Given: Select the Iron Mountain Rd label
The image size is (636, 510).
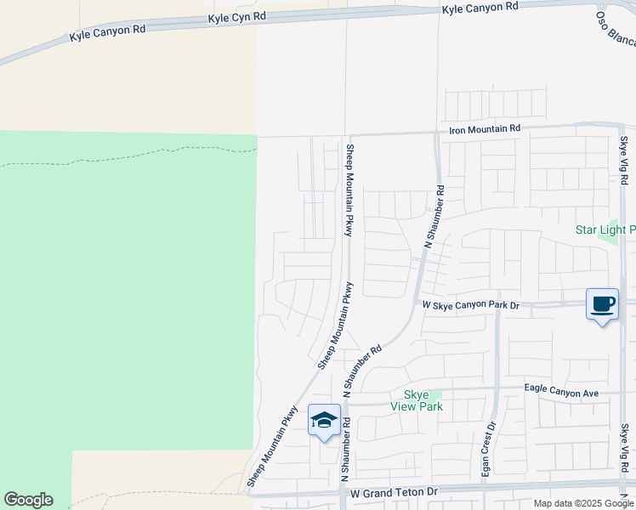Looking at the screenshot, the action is [x=484, y=128].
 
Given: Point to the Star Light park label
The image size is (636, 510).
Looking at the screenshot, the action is [x=605, y=229].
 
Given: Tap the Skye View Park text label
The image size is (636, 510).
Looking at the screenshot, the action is [x=417, y=401].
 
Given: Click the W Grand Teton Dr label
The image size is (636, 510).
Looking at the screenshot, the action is [x=393, y=492].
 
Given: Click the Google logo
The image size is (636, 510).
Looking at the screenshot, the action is [x=28, y=500].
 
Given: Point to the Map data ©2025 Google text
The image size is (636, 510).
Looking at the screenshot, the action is [x=584, y=503].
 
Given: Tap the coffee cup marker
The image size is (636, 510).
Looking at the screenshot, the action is [x=602, y=304].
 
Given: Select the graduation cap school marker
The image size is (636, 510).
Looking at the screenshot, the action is [x=324, y=420].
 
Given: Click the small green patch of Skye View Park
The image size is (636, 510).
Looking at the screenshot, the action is [x=435, y=394].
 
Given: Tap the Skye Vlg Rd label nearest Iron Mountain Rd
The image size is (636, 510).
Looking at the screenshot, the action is [x=623, y=161].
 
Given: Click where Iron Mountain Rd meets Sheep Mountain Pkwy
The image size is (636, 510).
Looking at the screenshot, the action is [x=348, y=135].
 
